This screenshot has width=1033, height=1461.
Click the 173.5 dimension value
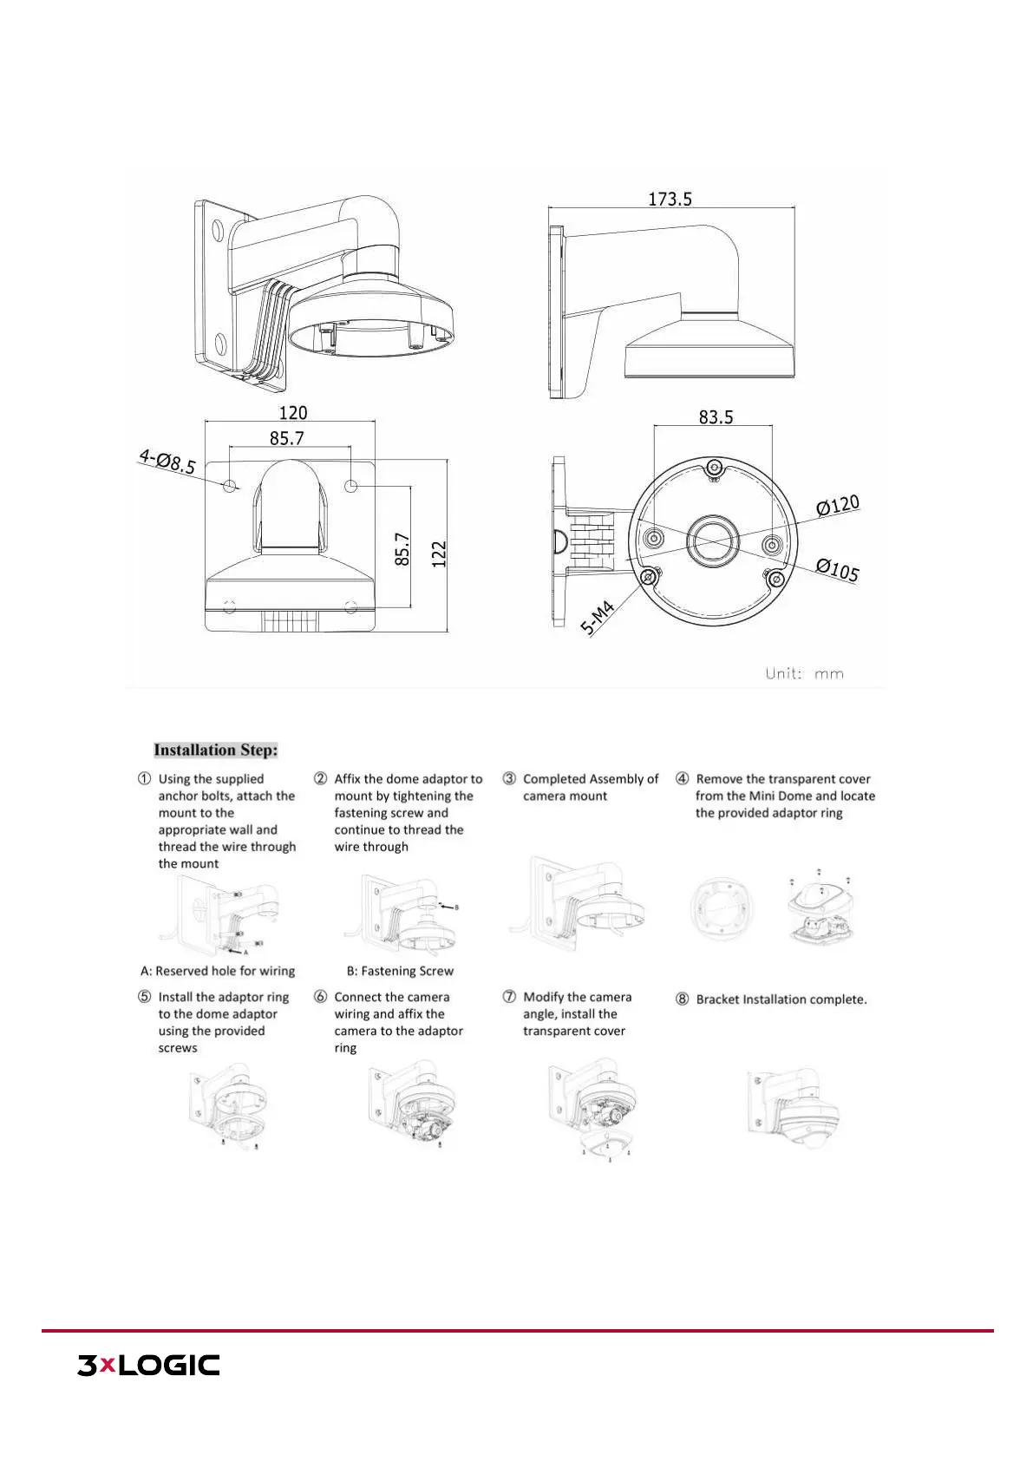coord(670,199)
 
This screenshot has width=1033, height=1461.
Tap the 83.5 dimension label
coord(716,417)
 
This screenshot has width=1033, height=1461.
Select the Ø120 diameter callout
coord(838,505)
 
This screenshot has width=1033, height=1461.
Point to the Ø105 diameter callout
coord(838,569)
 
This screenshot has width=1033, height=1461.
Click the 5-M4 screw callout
coord(598,619)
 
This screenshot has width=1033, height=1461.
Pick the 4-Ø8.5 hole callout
coord(167,461)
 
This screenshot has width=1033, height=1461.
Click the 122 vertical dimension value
coord(439,554)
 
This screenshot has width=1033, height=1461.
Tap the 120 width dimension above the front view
coord(292,413)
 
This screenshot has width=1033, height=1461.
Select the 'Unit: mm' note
coord(804,673)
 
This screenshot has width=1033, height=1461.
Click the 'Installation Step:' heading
coord(216,750)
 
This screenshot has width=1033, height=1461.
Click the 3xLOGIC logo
coord(148,1365)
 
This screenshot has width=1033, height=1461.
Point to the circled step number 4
coord(683,779)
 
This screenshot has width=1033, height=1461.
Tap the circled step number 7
coord(509,997)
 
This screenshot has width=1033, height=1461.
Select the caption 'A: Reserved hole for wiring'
coord(218,972)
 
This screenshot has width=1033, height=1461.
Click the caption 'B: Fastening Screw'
coord(400,972)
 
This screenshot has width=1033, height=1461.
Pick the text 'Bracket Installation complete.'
coord(781,999)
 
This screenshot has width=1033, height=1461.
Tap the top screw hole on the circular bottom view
coord(712,465)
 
